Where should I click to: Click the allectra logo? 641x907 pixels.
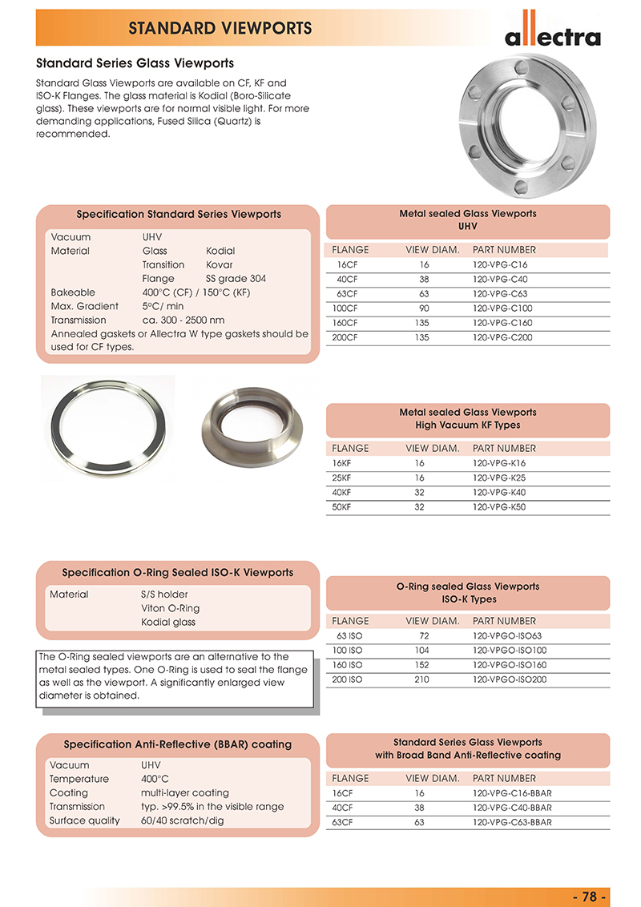pos(552,33)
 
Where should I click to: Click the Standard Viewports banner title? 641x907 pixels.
pos(220,29)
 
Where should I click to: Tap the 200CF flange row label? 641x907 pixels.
pos(345,337)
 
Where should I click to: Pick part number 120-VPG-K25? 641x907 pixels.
pos(498,478)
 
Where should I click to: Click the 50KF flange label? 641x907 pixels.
pos(342,506)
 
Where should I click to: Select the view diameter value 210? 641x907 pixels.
pos(422,679)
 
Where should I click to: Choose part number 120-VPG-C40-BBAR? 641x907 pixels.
pos(511,808)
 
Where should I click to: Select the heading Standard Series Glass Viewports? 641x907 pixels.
pos(135,62)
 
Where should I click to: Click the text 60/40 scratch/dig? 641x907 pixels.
pos(183,820)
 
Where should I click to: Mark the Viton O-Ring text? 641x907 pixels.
pos(170,608)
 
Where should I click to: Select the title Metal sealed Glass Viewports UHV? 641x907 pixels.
pos(468,220)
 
